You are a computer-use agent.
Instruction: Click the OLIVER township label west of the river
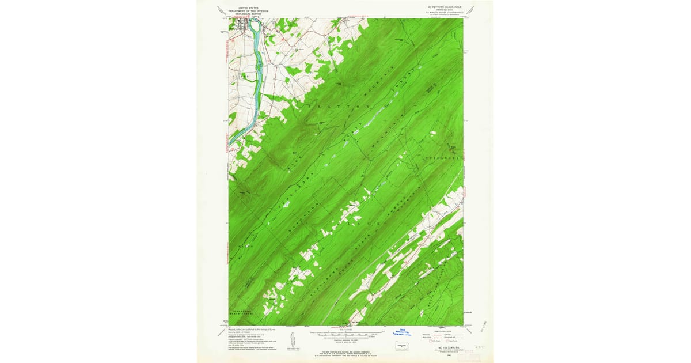pyautogui.click(x=241, y=75)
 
